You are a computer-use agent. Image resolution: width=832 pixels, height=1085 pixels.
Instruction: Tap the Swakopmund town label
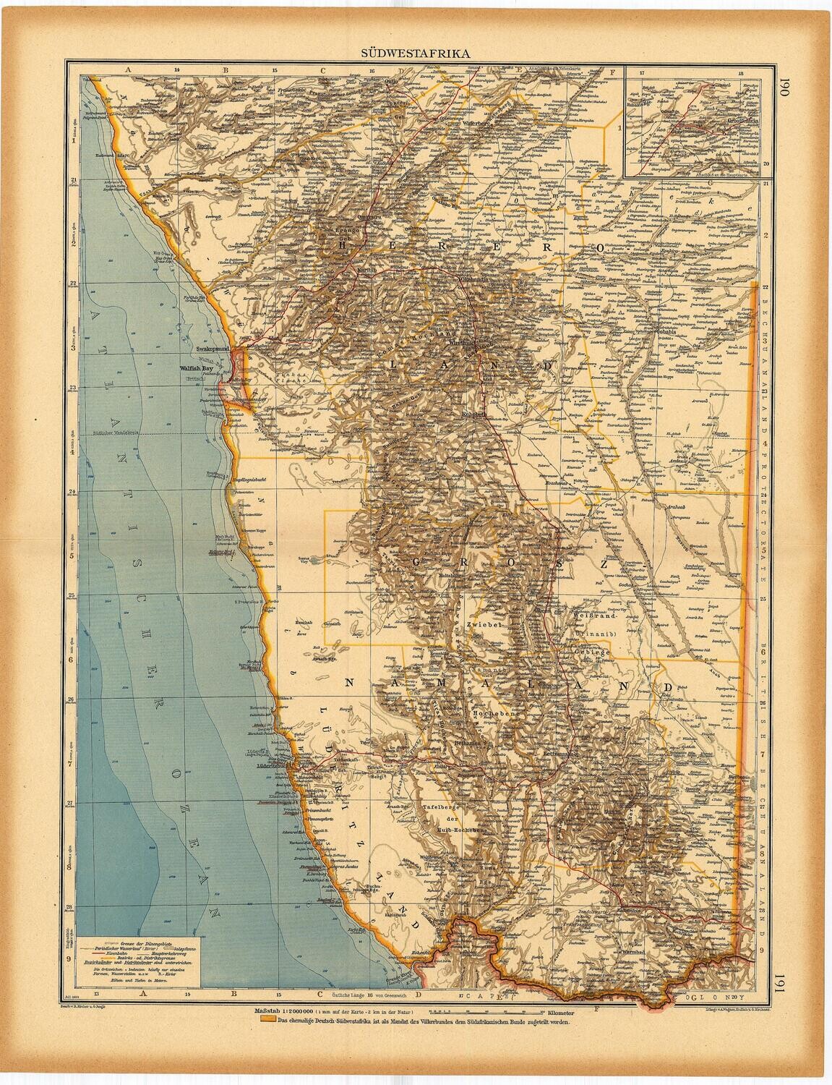click(212, 349)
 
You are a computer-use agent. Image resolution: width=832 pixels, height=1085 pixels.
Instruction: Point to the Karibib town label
click(368, 270)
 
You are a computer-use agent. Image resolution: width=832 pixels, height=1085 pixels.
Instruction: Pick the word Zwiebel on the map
click(484, 622)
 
